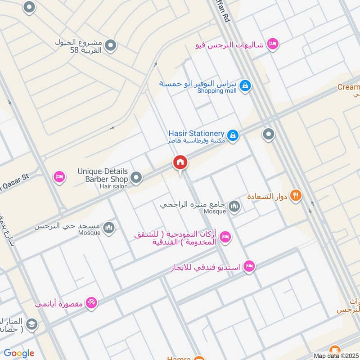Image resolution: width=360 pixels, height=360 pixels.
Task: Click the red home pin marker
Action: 180,162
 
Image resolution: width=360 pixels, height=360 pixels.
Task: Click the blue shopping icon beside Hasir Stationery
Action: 233,135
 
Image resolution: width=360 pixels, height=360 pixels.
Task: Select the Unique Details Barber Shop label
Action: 103,175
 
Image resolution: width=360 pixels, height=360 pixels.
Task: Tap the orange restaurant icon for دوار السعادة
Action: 296,195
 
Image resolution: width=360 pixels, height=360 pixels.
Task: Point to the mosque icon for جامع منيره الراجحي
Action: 234,207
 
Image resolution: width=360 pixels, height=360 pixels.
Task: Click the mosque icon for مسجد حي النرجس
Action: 108,229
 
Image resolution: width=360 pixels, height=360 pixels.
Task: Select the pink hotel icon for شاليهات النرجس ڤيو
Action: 272,44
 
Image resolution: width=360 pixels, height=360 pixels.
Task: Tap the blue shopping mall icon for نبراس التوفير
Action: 245,85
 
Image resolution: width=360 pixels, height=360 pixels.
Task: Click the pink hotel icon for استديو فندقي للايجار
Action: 249,267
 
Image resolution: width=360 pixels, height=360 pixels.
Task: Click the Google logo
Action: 18,354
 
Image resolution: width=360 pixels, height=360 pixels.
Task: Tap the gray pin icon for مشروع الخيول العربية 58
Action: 111,45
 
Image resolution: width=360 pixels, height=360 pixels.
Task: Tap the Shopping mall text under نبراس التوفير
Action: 217,91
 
